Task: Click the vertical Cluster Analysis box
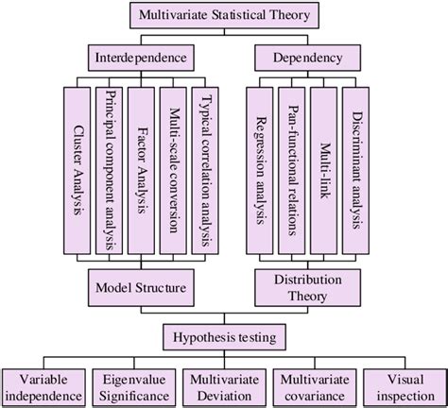point(78,172)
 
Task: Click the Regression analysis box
point(258,172)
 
